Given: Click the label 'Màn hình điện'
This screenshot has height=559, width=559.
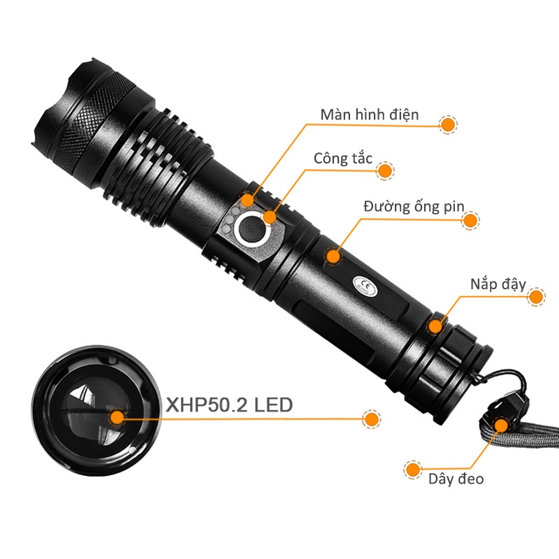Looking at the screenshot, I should (370, 115).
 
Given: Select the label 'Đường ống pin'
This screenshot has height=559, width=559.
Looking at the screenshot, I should (413, 207).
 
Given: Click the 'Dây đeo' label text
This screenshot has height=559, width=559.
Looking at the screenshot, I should (456, 479).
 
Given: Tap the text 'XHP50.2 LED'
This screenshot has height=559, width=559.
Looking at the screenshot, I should (228, 405).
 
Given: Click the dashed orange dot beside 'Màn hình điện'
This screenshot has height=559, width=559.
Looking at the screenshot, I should (448, 124).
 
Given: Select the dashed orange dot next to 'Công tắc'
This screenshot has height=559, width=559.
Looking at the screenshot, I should (384, 170).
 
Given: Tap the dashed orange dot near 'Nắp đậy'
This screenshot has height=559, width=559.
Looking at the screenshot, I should (536, 296).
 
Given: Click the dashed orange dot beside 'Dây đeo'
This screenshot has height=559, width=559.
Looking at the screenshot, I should (414, 468).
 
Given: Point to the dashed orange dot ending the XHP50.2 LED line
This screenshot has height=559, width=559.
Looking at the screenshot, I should (372, 419).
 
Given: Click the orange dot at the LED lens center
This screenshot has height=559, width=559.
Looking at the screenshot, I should (117, 418).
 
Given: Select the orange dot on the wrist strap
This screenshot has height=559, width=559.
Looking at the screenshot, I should (501, 425).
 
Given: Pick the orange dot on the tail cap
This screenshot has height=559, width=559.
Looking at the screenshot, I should (436, 325).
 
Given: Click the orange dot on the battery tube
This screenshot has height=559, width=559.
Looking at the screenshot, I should (334, 255).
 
